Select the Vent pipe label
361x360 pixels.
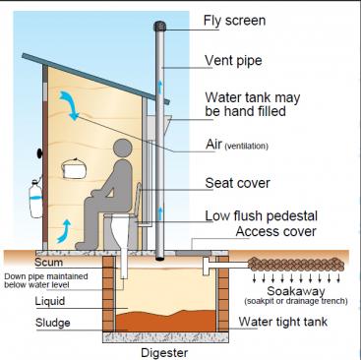point(236,61)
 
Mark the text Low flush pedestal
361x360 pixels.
point(260,215)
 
